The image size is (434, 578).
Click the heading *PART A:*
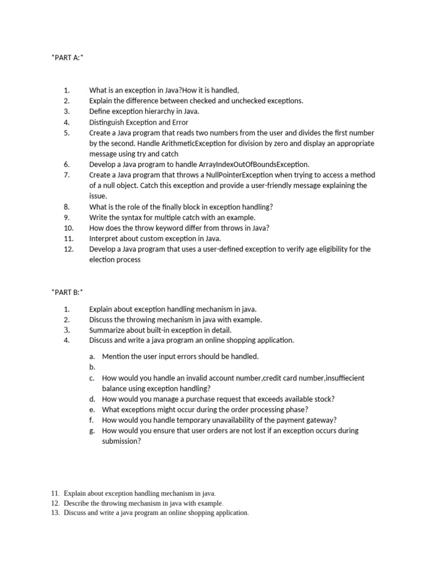click(x=67, y=58)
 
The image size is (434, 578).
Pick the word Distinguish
click(x=107, y=122)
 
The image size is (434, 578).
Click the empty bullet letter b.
click(x=92, y=367)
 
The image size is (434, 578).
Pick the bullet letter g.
click(x=92, y=431)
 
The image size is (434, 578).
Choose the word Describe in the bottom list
click(x=77, y=503)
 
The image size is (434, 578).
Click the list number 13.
click(x=55, y=513)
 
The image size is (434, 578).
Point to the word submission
click(x=120, y=441)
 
